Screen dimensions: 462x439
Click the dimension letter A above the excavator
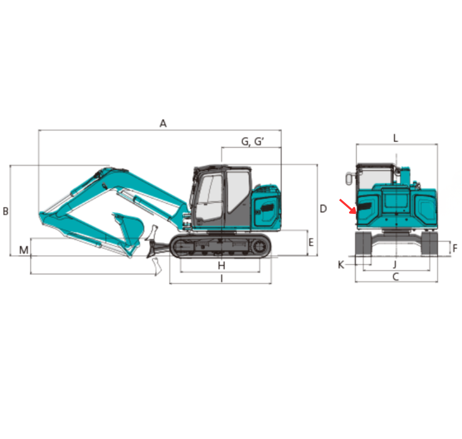click(x=163, y=124)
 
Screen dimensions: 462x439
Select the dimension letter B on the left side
click(x=5, y=211)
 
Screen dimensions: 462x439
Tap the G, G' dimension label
click(x=253, y=142)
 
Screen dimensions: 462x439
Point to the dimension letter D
click(x=323, y=209)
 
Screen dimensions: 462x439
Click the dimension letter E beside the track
click(x=311, y=242)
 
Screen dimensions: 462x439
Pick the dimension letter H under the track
click(x=222, y=266)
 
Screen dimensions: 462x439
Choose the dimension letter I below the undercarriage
click(x=222, y=278)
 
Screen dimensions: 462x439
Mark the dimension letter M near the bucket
click(x=24, y=250)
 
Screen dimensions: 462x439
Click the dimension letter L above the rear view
click(x=396, y=138)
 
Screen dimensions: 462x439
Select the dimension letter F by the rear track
click(x=455, y=248)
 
